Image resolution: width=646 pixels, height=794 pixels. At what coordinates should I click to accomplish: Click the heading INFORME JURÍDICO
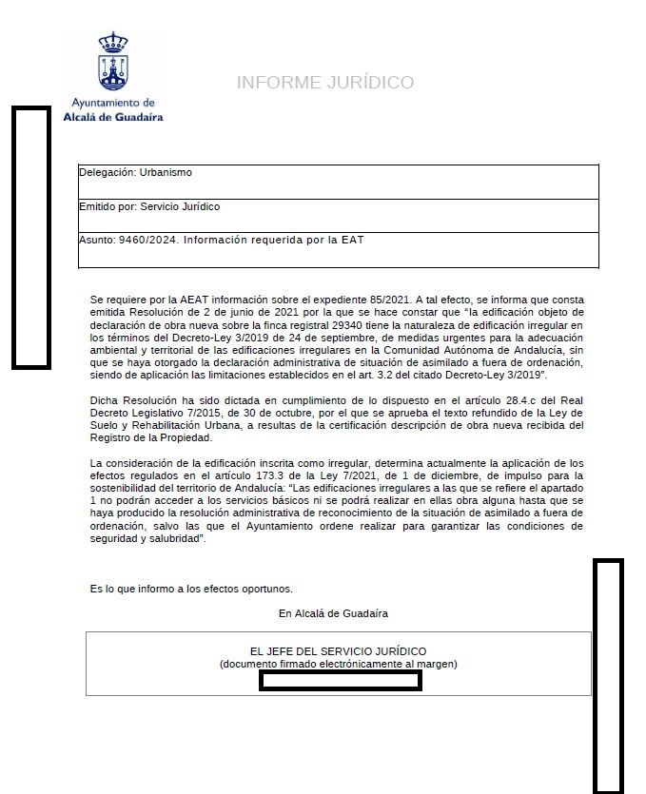[324, 83]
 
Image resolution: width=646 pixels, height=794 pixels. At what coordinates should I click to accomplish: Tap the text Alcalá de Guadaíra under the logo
[113, 117]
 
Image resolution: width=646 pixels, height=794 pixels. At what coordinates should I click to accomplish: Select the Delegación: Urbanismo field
[136, 173]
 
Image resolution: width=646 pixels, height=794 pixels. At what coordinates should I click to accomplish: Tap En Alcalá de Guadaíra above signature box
[333, 613]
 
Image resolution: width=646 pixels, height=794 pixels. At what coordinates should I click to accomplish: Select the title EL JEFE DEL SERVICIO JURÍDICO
[338, 651]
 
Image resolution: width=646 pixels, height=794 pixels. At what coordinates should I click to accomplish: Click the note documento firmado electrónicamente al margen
[338, 664]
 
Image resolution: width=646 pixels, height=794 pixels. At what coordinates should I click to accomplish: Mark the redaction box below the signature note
[340, 680]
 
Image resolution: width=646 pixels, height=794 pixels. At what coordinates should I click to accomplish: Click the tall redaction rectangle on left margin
[30, 237]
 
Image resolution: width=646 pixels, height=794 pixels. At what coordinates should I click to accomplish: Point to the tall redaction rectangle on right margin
[608, 675]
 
